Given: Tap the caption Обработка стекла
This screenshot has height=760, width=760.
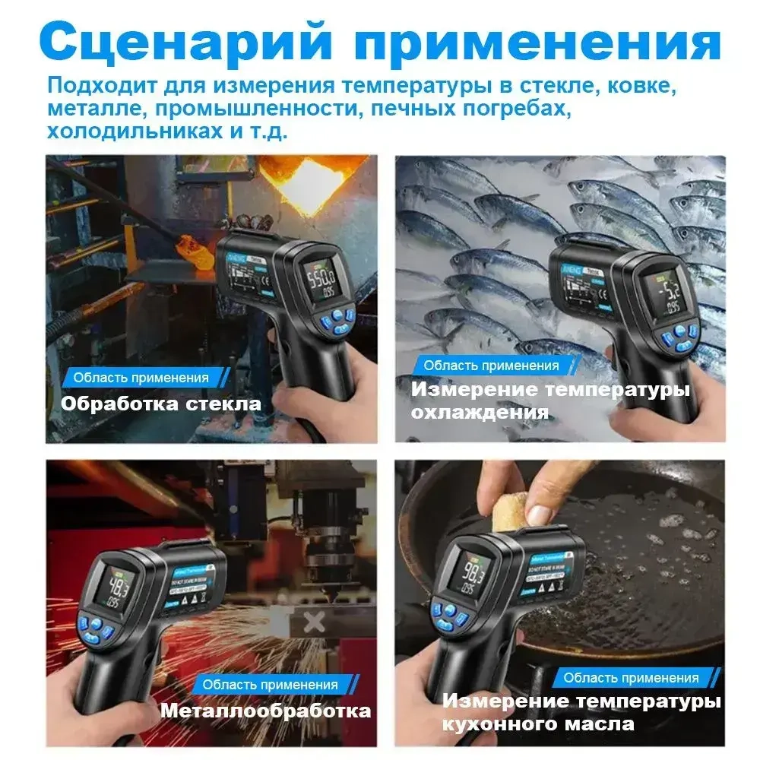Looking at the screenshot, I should point(160,404).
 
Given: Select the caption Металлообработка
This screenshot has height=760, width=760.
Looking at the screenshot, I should point(265,711).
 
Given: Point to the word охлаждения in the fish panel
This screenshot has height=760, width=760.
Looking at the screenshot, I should point(480,413).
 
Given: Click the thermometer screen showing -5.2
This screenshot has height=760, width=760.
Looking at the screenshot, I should point(659,290).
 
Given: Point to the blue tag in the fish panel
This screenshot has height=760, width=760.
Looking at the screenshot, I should point(491,366).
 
